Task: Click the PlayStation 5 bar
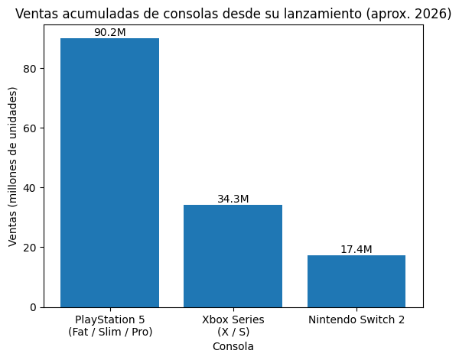pos(109,173)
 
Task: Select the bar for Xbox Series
pos(233,256)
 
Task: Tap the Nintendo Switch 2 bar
pos(356,281)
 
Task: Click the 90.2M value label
pos(109,33)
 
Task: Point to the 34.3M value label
pos(233,199)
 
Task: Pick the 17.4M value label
pos(356,249)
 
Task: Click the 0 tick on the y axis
pos(32,307)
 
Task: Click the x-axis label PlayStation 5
pos(109,319)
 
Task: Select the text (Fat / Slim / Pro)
pos(110,332)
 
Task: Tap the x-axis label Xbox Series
pos(233,319)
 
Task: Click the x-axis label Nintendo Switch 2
pos(356,319)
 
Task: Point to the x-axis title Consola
pos(233,346)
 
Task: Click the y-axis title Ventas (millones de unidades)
pos(13,167)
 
